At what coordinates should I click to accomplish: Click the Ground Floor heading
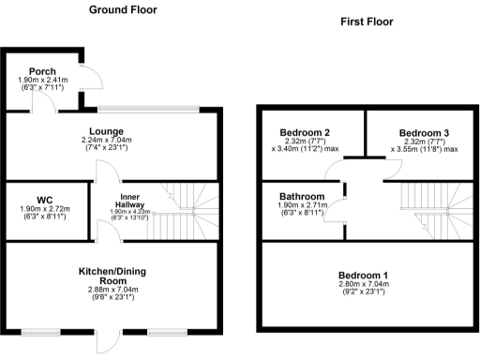pyautogui.click(x=122, y=10)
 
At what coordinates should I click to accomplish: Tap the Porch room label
pyautogui.click(x=41, y=71)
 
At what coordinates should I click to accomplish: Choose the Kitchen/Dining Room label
pyautogui.click(x=113, y=277)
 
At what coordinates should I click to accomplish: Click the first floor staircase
pyautogui.click(x=430, y=212)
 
